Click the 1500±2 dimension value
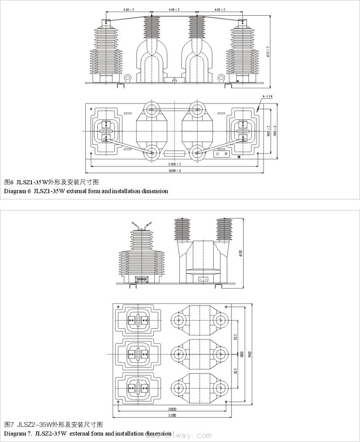pyautogui.click(x=175, y=164)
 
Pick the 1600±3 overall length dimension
pyautogui.click(x=175, y=171)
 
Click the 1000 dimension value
pyautogui.click(x=173, y=409)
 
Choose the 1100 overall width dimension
pyautogui.click(x=172, y=416)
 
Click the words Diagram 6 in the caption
pyautogui.click(x=17, y=191)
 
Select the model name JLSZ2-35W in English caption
pyautogui.click(x=51, y=434)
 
